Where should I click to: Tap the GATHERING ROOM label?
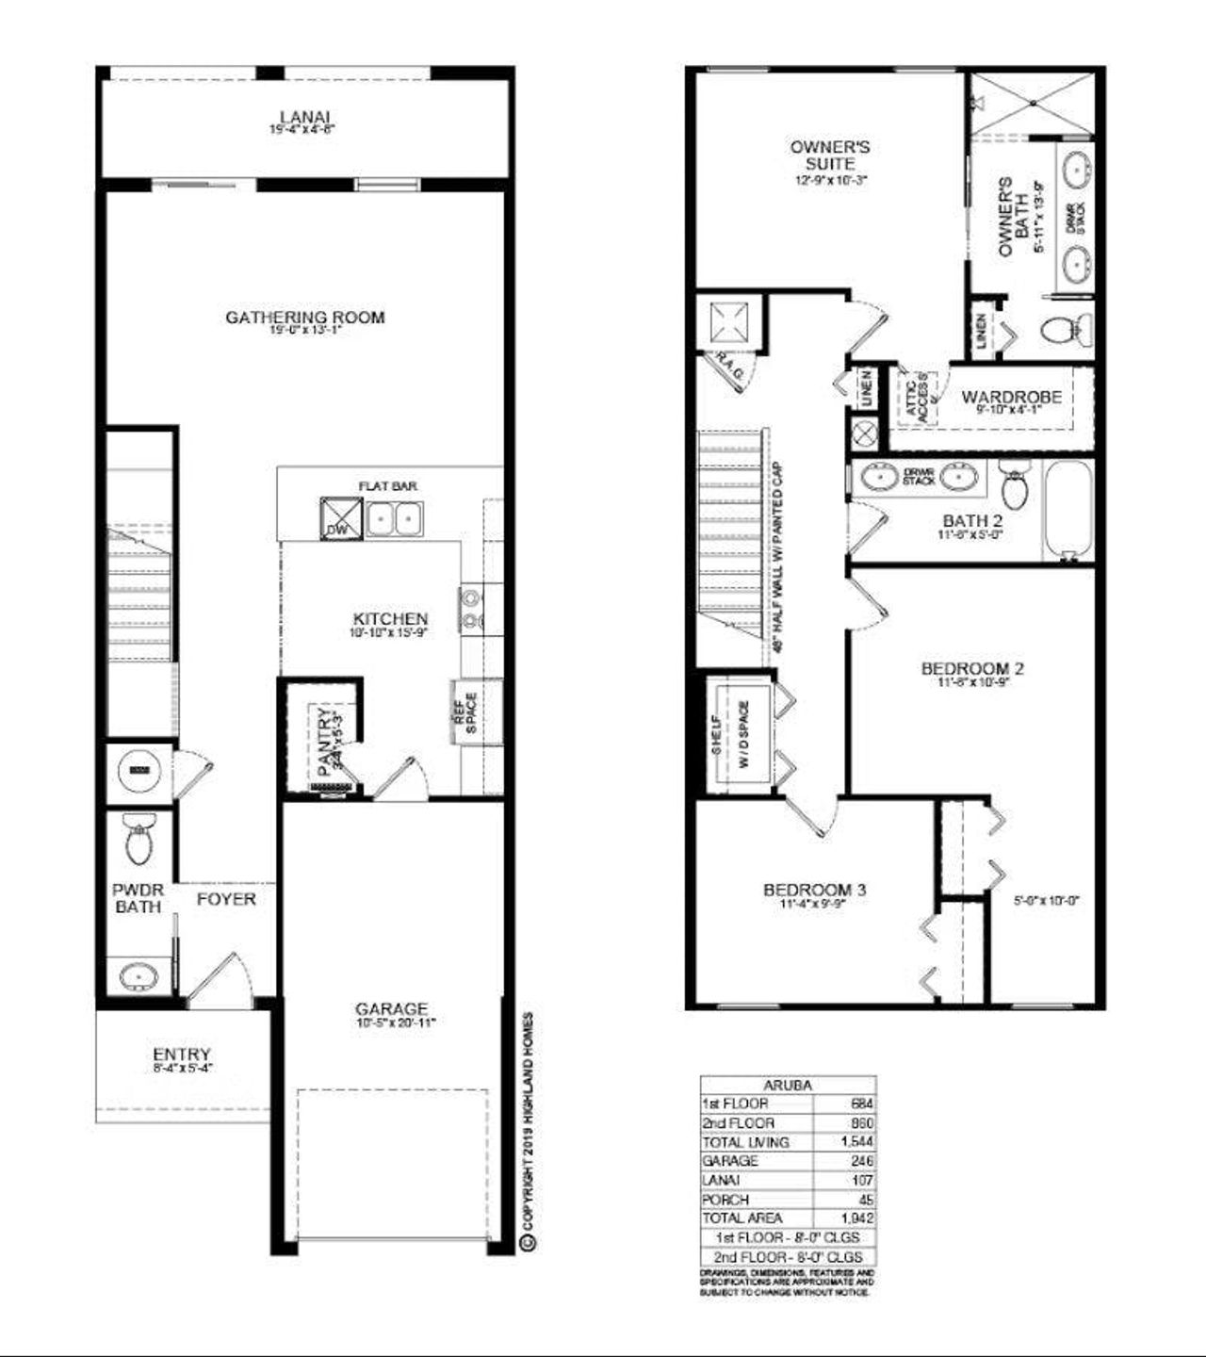click(x=304, y=318)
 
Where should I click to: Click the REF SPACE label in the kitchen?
click(x=466, y=711)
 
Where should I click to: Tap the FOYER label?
click(x=226, y=899)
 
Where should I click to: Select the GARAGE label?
click(x=391, y=1008)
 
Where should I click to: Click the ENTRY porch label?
click(x=182, y=1055)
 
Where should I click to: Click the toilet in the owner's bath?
click(x=1066, y=331)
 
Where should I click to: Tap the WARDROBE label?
click(x=1011, y=397)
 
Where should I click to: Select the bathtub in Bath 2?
click(x=1067, y=510)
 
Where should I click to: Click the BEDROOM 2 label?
click(x=972, y=669)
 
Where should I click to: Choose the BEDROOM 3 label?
click(x=814, y=890)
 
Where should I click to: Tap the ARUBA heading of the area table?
click(x=788, y=1085)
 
